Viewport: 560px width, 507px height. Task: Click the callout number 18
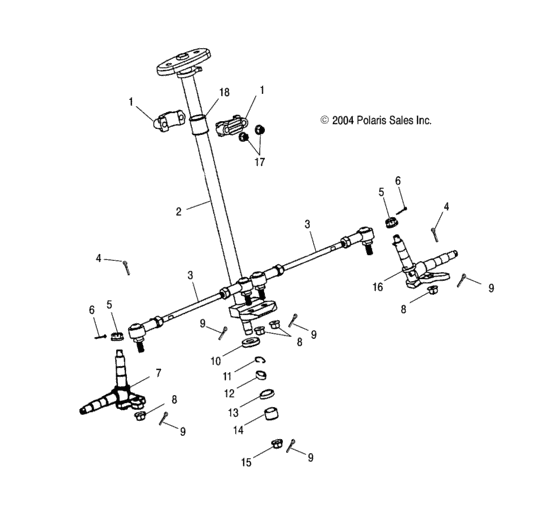point(224,92)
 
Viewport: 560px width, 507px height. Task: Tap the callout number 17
point(260,162)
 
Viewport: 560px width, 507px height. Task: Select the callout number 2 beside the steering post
point(179,211)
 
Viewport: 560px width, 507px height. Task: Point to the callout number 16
point(378,287)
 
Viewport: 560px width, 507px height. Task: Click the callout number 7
point(158,373)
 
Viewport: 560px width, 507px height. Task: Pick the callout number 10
point(216,361)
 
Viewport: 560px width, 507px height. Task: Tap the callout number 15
point(246,462)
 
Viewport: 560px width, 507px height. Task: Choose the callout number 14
point(238,430)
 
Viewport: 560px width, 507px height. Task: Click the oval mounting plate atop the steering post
point(184,61)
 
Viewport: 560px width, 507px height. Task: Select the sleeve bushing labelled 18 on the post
point(199,124)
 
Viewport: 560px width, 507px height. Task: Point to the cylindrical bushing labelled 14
point(271,413)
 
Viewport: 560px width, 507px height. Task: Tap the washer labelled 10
point(251,342)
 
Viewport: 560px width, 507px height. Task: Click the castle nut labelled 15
point(276,444)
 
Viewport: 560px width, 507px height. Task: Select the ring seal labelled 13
point(266,394)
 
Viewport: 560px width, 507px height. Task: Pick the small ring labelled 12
point(261,376)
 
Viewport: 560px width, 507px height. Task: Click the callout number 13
point(233,413)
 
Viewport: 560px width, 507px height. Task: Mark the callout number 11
point(227,376)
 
